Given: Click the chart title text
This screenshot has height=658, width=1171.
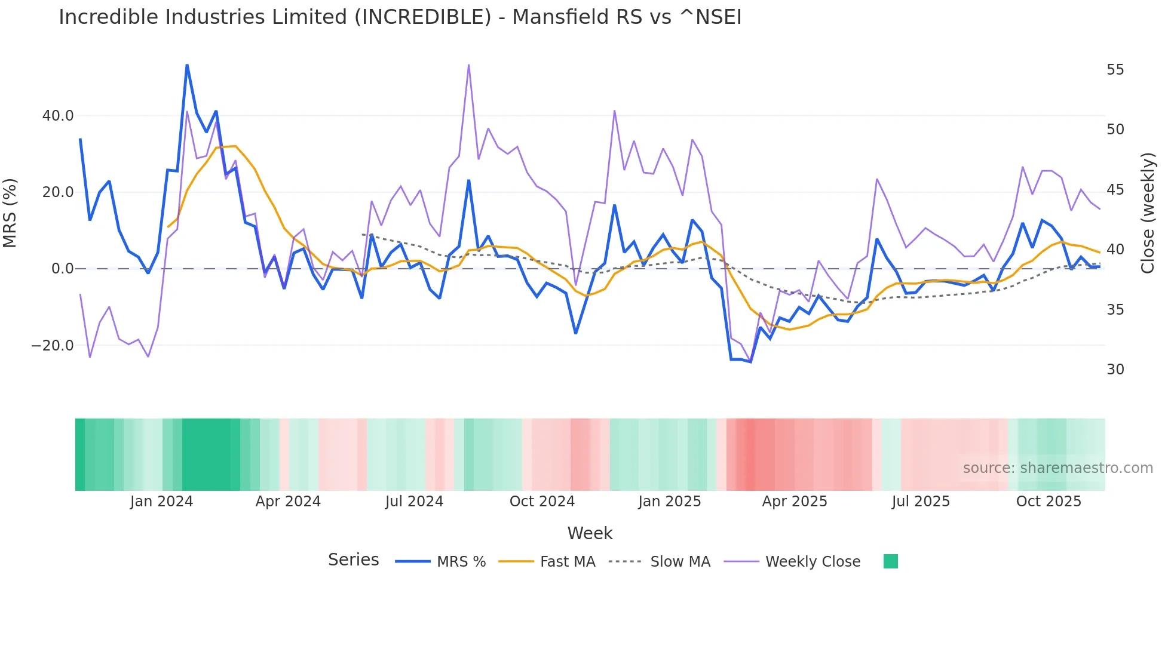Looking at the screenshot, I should click(400, 17).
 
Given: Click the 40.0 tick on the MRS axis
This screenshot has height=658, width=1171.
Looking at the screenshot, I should click(58, 116).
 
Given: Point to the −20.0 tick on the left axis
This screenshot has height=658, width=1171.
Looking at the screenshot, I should click(53, 346).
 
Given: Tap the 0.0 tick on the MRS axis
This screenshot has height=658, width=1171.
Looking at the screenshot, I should click(62, 269).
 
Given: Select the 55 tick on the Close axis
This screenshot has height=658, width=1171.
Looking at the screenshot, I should click(1115, 70).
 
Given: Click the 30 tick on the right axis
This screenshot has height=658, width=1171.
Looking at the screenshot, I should click(1115, 370).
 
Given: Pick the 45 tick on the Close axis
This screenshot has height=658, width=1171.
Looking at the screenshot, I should click(1115, 190).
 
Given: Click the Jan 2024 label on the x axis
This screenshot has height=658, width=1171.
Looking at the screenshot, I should click(161, 502).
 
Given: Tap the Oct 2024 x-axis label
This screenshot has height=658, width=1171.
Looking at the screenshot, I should click(542, 502).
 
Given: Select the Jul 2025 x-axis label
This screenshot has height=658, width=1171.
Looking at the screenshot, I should click(921, 502).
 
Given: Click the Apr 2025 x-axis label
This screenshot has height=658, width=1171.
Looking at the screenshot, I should click(795, 502).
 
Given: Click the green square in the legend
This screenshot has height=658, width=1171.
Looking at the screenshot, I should click(890, 561).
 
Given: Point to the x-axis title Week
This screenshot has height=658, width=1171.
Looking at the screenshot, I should click(590, 533).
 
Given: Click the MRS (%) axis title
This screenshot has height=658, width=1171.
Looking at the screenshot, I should click(10, 213).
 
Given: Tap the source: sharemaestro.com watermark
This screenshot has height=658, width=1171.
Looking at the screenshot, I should click(1057, 468).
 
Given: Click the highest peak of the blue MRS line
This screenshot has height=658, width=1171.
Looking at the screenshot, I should click(187, 65).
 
